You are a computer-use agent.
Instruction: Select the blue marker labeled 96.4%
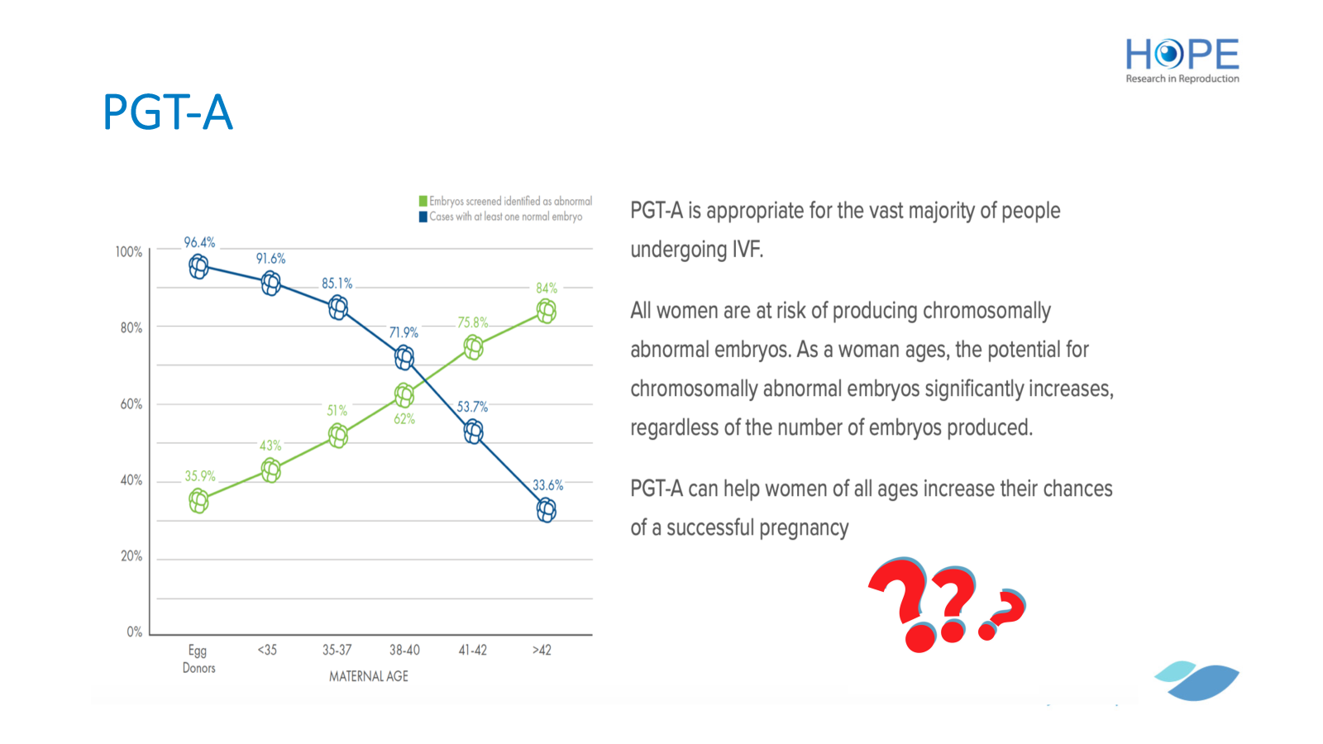click(199, 267)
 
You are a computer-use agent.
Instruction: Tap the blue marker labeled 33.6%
click(547, 510)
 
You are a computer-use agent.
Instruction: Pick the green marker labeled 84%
click(547, 311)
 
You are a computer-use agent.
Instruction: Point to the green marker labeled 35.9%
click(199, 501)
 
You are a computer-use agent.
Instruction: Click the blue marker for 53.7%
click(473, 432)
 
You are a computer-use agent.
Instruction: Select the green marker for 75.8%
click(473, 347)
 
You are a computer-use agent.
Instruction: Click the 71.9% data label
click(404, 333)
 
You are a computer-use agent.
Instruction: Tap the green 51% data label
click(337, 410)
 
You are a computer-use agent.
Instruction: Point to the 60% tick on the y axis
click(131, 404)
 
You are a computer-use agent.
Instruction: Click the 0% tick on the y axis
click(135, 632)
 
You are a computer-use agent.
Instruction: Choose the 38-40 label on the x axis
click(404, 650)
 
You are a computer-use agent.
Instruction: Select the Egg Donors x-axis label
click(198, 659)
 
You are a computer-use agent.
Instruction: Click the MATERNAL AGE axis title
click(369, 677)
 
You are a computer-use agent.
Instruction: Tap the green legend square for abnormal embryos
click(423, 202)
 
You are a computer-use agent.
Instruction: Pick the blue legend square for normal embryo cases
click(423, 217)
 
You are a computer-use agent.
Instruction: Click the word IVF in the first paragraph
click(747, 249)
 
